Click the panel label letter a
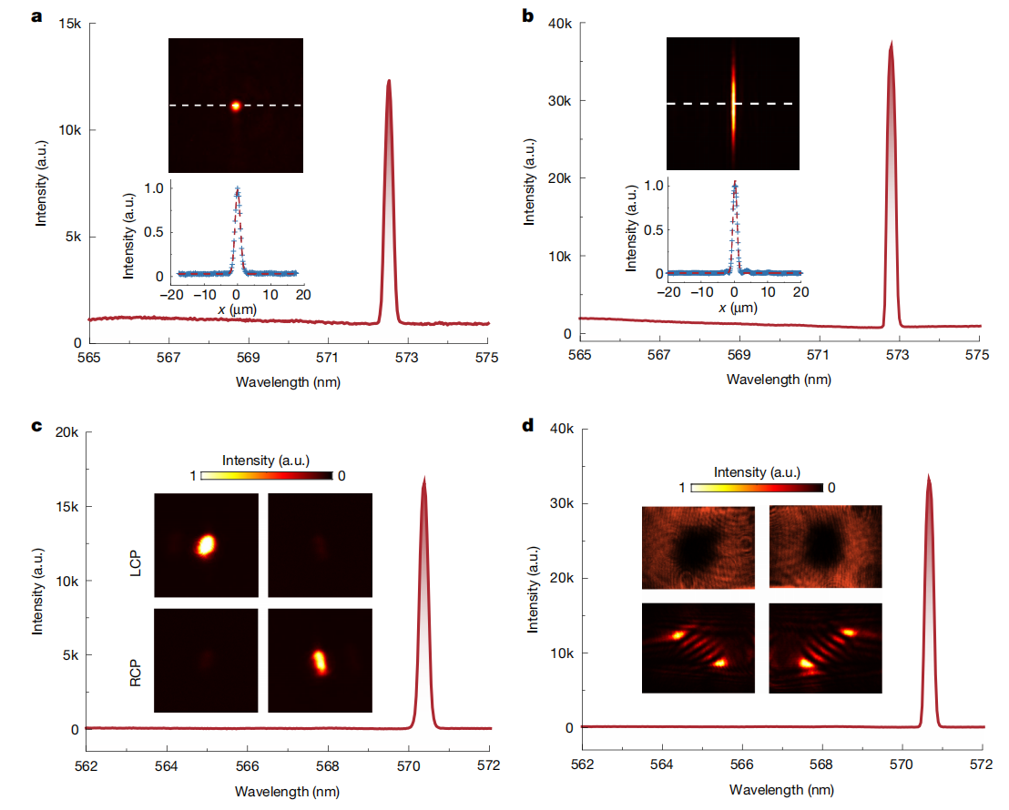[x=37, y=16]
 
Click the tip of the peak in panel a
[x=389, y=81]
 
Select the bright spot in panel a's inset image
[x=236, y=106]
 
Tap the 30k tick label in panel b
[x=559, y=101]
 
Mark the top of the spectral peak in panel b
[x=890, y=43]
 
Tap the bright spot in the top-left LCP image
[x=206, y=544]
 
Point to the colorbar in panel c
[x=266, y=475]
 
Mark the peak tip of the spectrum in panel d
[x=928, y=476]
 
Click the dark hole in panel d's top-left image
[x=696, y=546]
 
